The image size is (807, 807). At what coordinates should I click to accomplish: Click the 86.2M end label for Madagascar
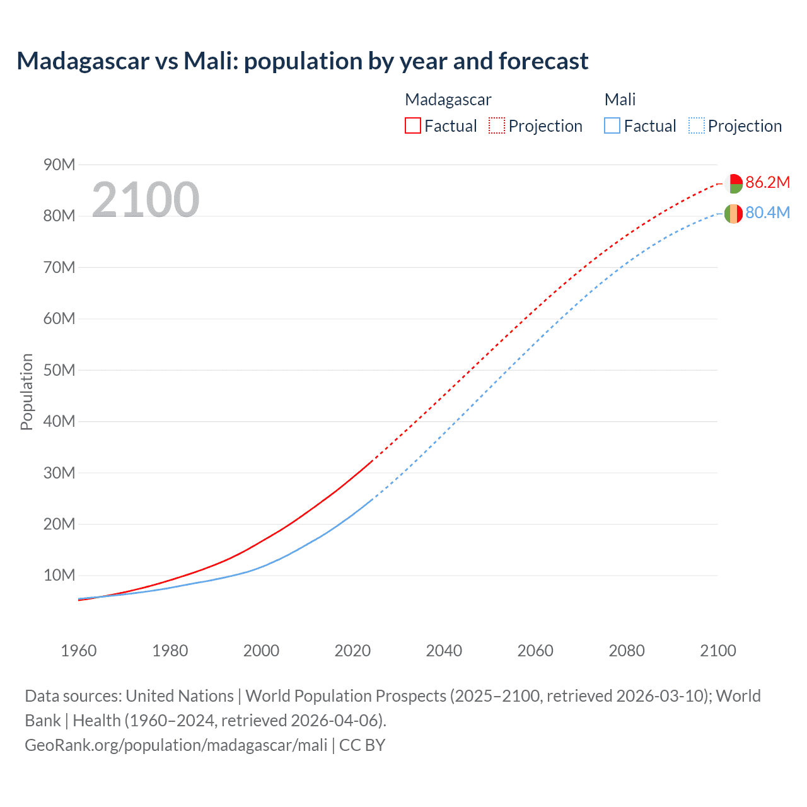tap(767, 183)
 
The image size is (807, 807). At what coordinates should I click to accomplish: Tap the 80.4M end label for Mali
tap(767, 213)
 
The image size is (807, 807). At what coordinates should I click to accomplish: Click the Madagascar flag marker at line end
tap(733, 183)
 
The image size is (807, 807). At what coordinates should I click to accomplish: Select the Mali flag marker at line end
tap(733, 214)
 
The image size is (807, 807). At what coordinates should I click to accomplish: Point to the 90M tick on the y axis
tap(59, 165)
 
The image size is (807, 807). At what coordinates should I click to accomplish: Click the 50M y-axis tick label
tap(59, 370)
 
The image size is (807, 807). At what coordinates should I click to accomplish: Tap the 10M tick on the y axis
tap(59, 576)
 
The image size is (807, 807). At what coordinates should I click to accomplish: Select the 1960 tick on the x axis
tap(79, 651)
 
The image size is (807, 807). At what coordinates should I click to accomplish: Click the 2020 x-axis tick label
tap(352, 651)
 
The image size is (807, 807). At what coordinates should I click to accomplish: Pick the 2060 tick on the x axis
tap(535, 651)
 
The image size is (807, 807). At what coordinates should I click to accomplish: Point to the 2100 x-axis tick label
tap(717, 651)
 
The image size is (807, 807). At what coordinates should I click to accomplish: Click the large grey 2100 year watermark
tap(146, 200)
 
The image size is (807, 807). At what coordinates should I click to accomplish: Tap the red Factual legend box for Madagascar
tap(413, 126)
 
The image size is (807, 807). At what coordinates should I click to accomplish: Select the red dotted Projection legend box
tap(497, 126)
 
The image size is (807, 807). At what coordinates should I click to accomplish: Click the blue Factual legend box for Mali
tap(612, 126)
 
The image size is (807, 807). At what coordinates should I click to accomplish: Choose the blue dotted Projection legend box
tap(697, 126)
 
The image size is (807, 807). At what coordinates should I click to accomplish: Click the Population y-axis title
tap(26, 392)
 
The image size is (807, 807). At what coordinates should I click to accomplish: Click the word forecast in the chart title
tap(543, 61)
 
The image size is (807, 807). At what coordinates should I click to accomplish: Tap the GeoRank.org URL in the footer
tap(176, 745)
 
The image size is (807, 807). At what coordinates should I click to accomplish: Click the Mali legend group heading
tap(620, 100)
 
